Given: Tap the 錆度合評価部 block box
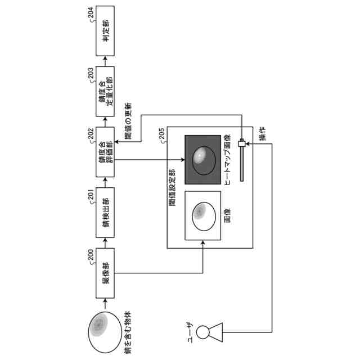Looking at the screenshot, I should coord(105,151).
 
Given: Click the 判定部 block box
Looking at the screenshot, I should coord(105,31).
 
